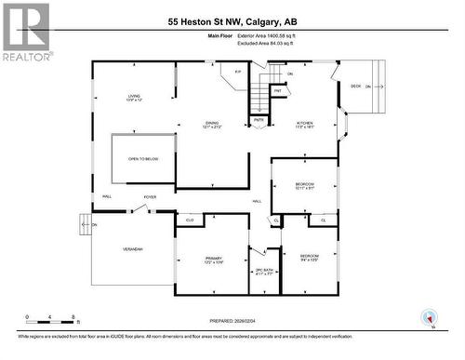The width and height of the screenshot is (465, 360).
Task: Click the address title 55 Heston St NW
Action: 232,21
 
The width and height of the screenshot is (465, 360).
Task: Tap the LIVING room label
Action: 134,99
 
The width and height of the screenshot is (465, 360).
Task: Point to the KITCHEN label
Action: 305,125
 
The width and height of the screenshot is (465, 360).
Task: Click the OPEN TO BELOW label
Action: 143,159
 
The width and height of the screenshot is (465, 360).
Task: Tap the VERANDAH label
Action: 131,248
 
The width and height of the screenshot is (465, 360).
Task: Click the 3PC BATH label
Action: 263,272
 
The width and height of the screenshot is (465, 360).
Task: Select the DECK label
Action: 355,87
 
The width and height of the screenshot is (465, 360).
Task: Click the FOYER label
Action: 150,197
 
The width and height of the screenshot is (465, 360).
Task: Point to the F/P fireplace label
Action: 238,72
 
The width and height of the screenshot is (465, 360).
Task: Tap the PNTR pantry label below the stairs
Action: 259,119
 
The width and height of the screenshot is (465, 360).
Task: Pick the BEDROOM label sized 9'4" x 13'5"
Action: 309,257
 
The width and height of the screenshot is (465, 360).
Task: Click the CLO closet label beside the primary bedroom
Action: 189,220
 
